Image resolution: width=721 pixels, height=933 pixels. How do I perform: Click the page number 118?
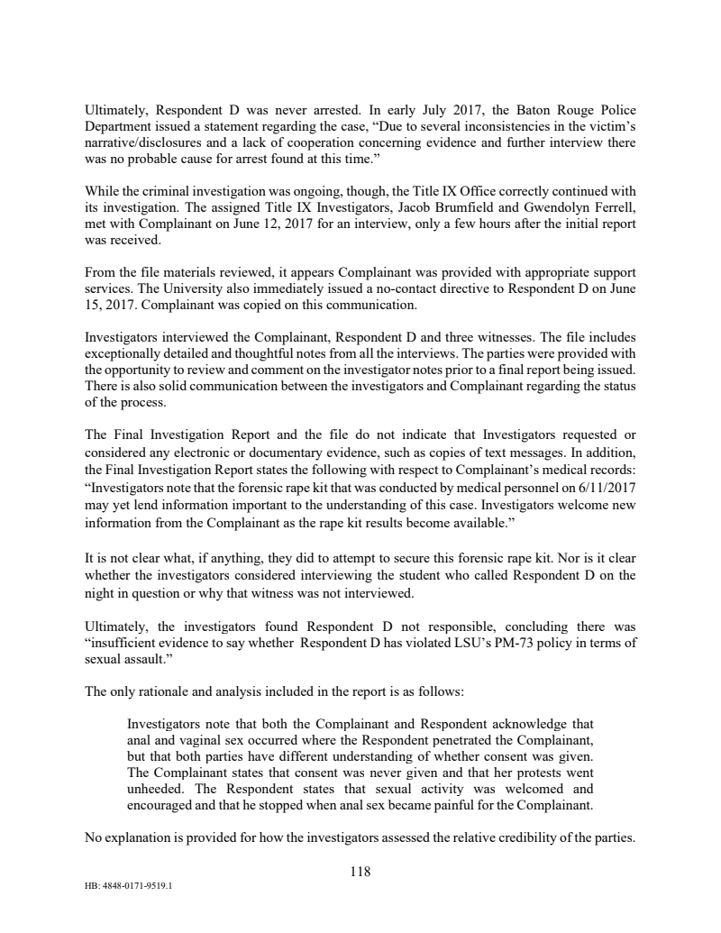[360, 872]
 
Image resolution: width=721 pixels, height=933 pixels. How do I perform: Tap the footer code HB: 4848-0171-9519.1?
[128, 884]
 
